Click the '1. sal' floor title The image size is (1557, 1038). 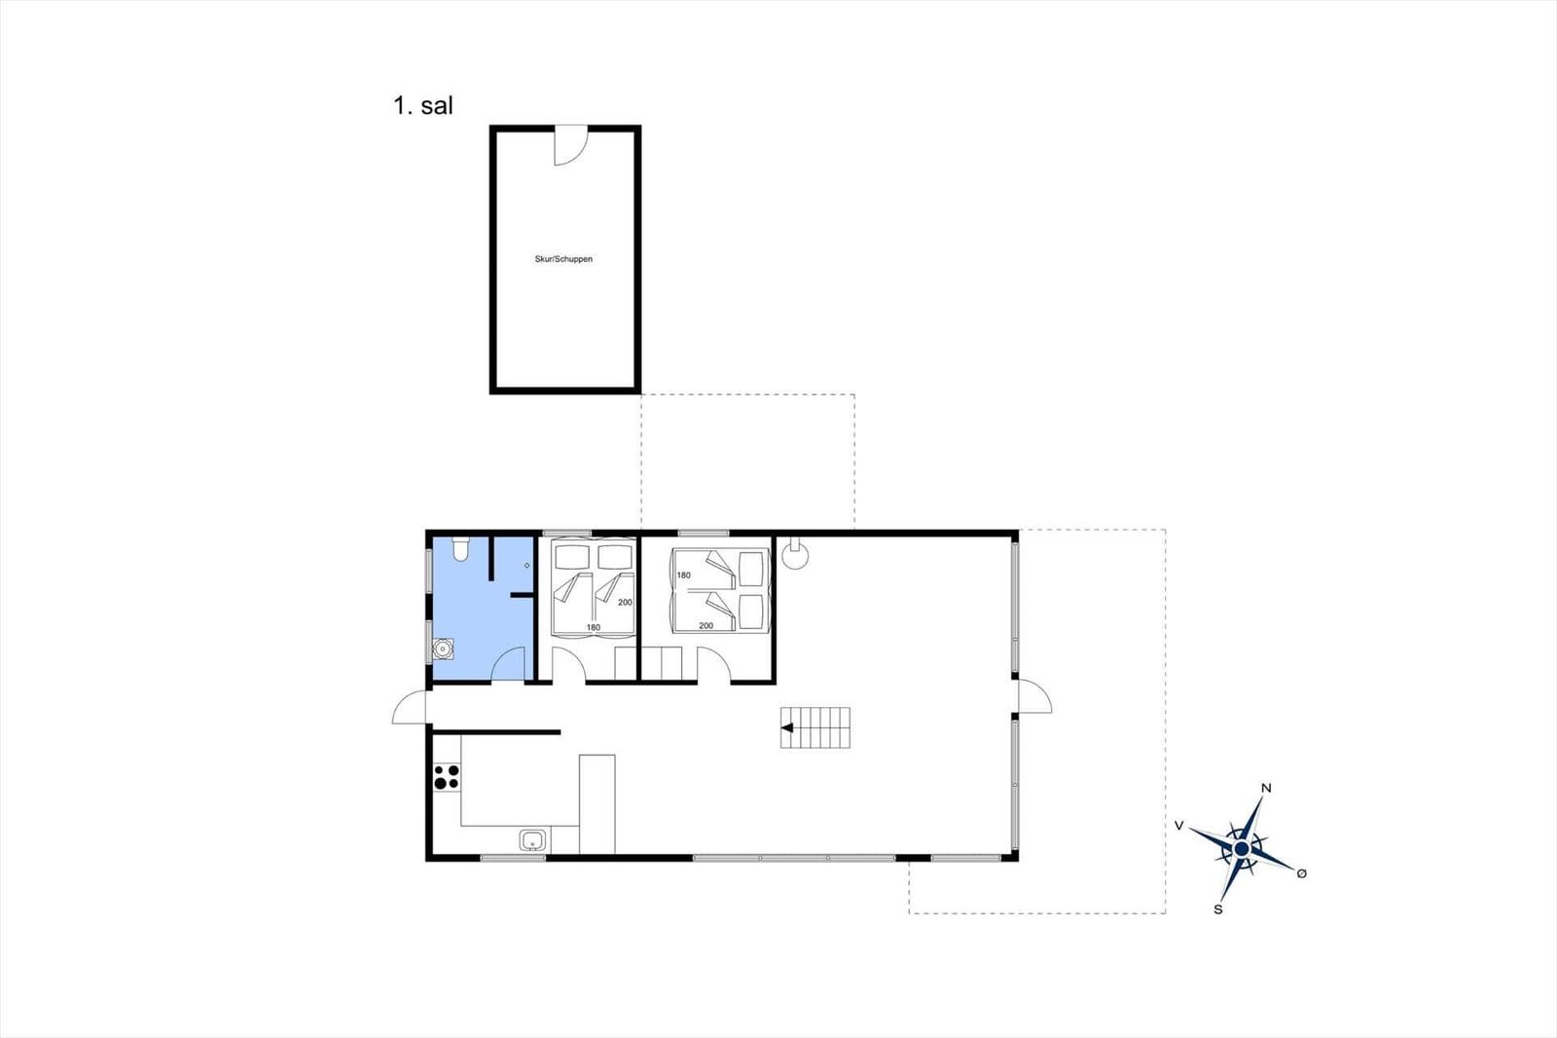coord(422,106)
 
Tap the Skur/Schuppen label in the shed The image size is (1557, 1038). coord(563,259)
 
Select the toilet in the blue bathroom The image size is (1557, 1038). coord(460,548)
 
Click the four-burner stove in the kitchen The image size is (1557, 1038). coord(447,777)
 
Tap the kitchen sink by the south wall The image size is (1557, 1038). coord(532,840)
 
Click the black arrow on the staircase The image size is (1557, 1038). coord(787,727)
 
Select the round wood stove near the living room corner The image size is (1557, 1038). coord(795,554)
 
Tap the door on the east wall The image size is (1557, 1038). coord(1034,695)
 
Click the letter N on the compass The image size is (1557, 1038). coord(1266,788)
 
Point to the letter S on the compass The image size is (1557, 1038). coord(1217,909)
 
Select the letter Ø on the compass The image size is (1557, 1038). coord(1302,873)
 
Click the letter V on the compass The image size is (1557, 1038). coord(1178,825)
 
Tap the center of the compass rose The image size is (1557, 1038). coord(1242,849)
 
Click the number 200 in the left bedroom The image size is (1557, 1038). coord(625,603)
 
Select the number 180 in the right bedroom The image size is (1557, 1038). coord(683,575)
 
